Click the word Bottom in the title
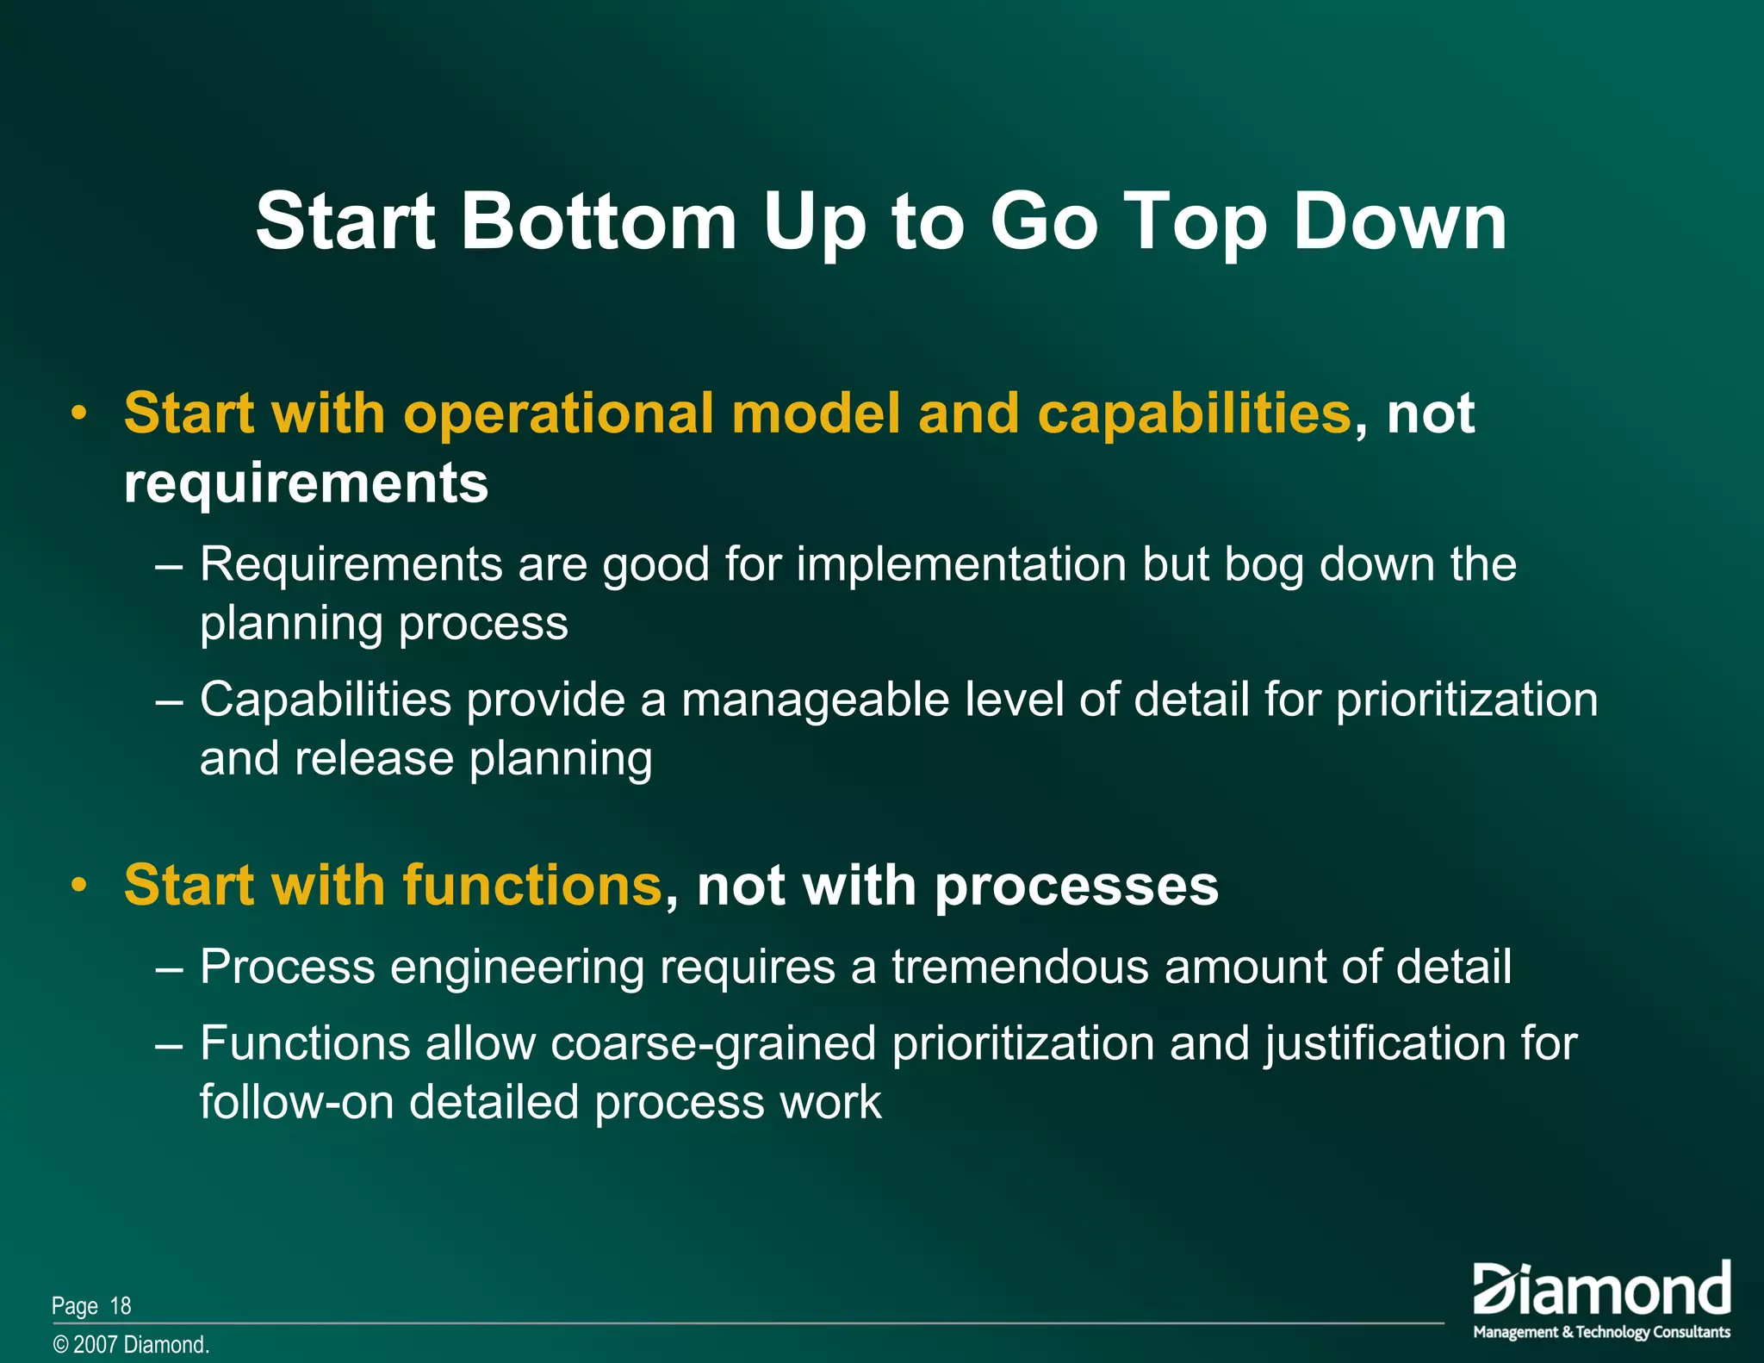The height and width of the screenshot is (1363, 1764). [x=599, y=221]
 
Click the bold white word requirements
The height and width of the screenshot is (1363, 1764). [x=306, y=483]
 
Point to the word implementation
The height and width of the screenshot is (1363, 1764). [x=961, y=565]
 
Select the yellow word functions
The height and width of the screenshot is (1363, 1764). [x=531, y=885]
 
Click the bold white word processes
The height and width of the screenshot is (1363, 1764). [x=1077, y=887]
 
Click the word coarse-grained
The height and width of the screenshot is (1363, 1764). [x=713, y=1044]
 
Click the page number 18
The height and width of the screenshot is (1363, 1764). [x=121, y=1306]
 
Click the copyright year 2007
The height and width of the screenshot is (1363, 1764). [x=95, y=1345]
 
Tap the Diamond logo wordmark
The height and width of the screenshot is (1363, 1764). [x=1601, y=1290]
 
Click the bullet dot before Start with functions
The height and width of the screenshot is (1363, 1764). [x=79, y=885]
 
